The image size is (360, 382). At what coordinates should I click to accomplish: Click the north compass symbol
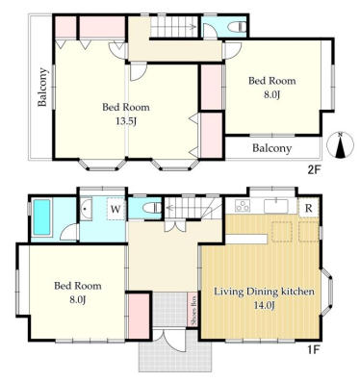(340, 144)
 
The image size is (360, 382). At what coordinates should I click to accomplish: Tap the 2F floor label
(314, 169)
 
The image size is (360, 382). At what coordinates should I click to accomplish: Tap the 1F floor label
(314, 349)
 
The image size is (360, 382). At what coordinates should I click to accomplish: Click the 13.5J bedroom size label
(126, 121)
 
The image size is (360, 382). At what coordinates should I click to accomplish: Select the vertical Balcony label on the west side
(42, 87)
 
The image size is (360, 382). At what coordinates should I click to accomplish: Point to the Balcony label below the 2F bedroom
(272, 148)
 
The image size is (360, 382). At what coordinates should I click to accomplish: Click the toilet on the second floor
(238, 27)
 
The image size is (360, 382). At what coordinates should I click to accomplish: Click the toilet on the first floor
(152, 208)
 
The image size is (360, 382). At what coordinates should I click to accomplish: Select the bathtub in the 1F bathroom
(42, 217)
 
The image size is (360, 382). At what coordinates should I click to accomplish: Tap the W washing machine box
(116, 210)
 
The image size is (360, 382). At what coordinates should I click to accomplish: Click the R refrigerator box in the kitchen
(308, 208)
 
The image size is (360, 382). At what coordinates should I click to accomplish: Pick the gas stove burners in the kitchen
(243, 206)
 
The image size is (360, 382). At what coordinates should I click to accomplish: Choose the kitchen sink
(276, 206)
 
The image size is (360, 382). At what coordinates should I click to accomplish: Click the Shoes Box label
(193, 310)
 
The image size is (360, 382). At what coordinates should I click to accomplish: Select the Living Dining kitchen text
(264, 292)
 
